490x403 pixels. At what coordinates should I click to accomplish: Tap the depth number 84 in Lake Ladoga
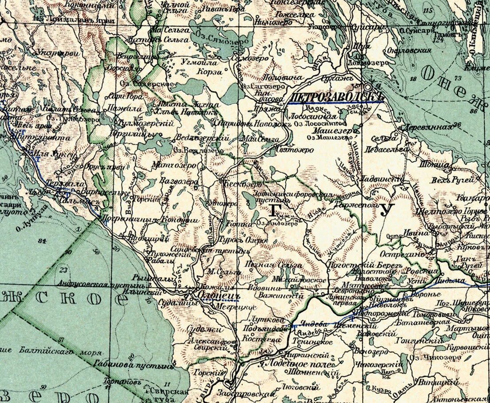(x=43, y=241)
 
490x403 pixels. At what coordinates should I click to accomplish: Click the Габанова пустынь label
(x=133, y=366)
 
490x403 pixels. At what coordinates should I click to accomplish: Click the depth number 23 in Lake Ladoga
(x=63, y=269)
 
